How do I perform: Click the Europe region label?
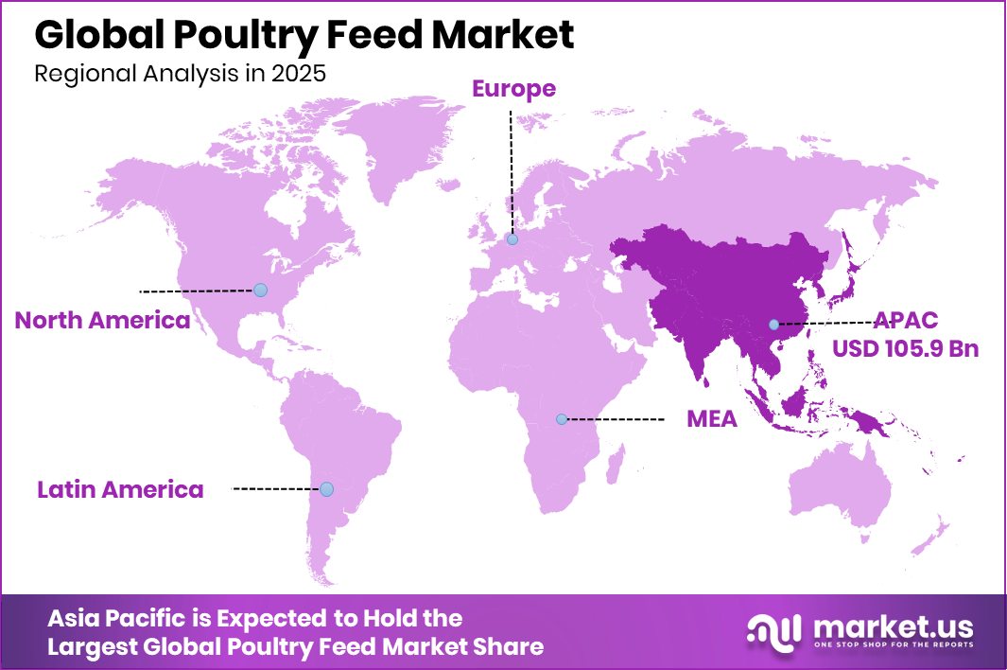click(x=513, y=89)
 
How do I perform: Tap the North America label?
click(x=102, y=320)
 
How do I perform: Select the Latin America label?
click(x=120, y=489)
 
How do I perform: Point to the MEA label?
click(x=711, y=418)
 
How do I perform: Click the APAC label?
click(x=906, y=320)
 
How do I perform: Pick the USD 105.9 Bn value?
click(x=905, y=348)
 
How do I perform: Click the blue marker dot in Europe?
click(x=512, y=240)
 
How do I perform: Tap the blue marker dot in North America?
click(x=260, y=290)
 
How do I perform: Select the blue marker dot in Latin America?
click(x=326, y=489)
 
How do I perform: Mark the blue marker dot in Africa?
click(x=562, y=418)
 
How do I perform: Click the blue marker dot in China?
click(x=773, y=325)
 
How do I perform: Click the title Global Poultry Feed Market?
click(x=304, y=35)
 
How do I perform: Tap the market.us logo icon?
click(x=774, y=632)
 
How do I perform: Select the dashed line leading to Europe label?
click(x=512, y=170)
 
